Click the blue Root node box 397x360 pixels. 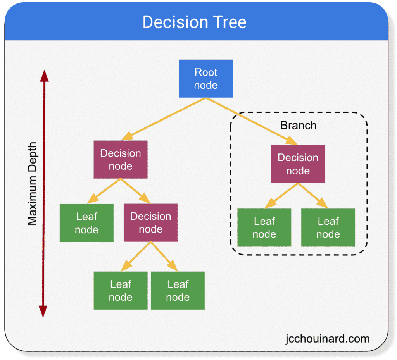(205, 79)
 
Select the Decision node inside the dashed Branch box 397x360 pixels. (298, 164)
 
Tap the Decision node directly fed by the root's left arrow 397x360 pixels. (121, 160)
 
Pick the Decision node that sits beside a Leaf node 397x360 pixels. (150, 222)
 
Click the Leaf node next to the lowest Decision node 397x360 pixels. (86, 223)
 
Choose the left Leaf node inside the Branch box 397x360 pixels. (264, 227)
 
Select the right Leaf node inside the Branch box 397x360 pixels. (328, 227)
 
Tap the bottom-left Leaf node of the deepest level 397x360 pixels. (121, 290)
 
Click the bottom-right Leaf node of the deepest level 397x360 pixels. (178, 290)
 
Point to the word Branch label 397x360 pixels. (298, 126)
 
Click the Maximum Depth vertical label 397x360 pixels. (32, 184)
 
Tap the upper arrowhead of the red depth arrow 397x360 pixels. (44, 76)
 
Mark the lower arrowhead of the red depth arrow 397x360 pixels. (43, 311)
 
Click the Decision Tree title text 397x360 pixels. (194, 22)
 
